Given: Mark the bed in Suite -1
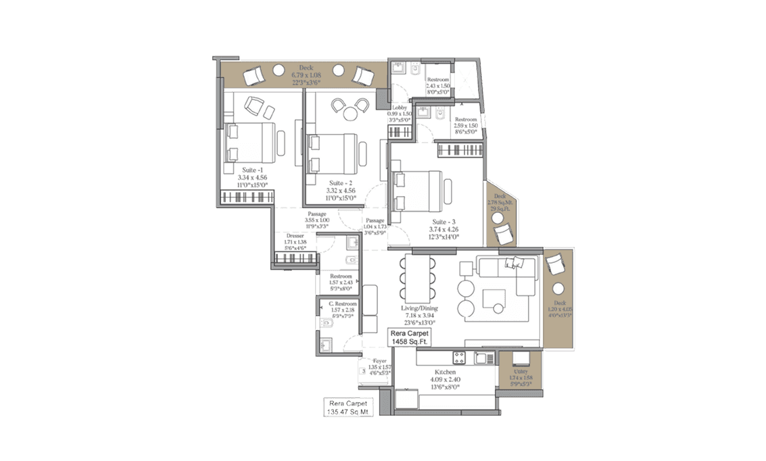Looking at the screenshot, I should pyautogui.click(x=251, y=142).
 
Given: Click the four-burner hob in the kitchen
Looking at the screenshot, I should pyautogui.click(x=459, y=358).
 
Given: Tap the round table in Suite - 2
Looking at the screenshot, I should pyautogui.click(x=350, y=114).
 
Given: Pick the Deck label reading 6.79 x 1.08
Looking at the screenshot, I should pyautogui.click(x=306, y=75).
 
